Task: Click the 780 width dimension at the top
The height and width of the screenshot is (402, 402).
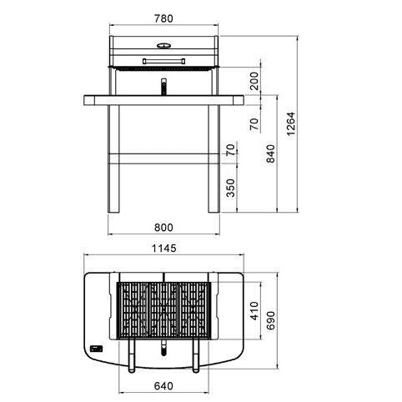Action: tap(163, 18)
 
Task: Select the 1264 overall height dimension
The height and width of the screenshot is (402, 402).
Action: tap(290, 123)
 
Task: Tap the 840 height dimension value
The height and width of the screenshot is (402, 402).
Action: tap(270, 153)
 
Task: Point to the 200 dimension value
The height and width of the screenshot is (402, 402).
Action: tap(254, 81)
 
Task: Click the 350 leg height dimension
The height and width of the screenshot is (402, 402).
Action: tap(230, 188)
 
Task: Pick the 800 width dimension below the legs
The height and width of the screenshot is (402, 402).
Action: tap(163, 228)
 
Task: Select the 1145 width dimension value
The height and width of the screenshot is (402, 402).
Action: tap(164, 249)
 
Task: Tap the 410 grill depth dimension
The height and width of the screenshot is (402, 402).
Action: tap(254, 311)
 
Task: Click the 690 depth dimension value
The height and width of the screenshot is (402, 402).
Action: tap(270, 320)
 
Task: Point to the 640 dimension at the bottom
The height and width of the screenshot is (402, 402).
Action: tap(163, 386)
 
